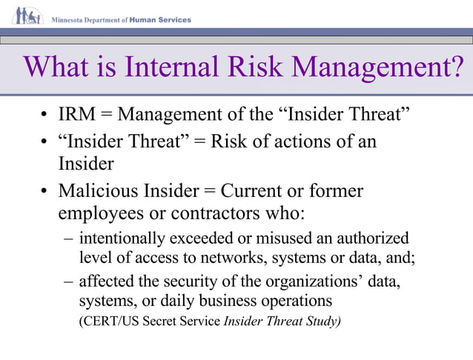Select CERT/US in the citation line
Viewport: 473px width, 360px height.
(x=108, y=321)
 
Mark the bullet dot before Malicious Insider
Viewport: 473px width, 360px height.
(x=45, y=192)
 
